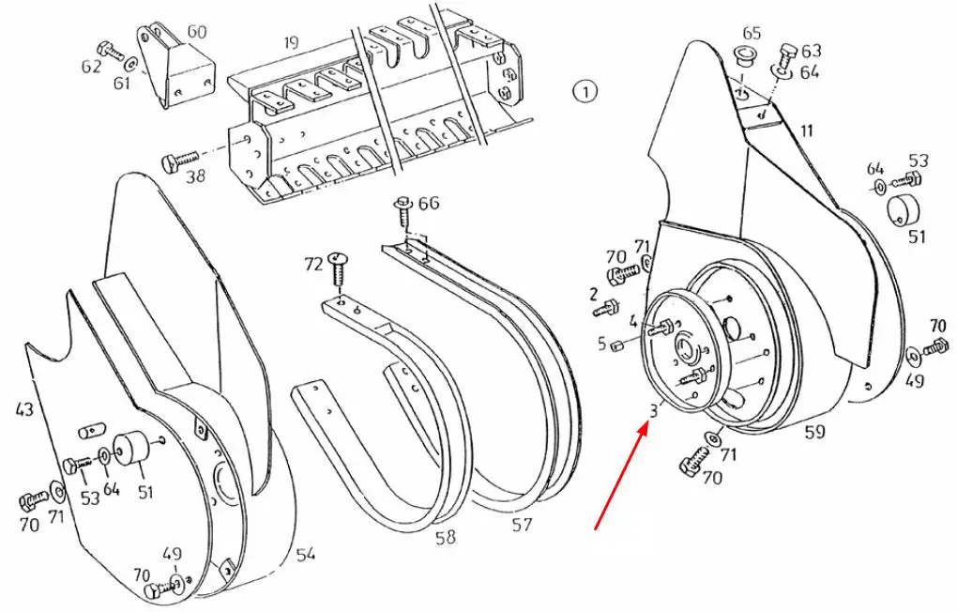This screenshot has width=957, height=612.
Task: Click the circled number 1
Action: [x=585, y=92]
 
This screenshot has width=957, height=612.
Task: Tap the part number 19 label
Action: [x=291, y=43]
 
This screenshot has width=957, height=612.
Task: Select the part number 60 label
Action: [x=196, y=31]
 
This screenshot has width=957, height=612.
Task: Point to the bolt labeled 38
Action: [x=181, y=160]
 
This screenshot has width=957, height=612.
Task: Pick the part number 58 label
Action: [x=446, y=537]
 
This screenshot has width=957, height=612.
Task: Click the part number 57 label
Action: [x=522, y=524]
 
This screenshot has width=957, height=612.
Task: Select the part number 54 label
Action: [x=306, y=554]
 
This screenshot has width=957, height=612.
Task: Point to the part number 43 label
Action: [x=24, y=408]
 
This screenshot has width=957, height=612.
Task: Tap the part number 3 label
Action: [x=654, y=410]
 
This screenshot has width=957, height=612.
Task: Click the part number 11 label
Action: [x=807, y=130]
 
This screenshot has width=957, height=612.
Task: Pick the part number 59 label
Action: [x=814, y=432]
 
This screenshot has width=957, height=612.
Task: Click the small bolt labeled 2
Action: [x=606, y=307]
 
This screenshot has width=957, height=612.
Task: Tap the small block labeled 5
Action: [x=616, y=346]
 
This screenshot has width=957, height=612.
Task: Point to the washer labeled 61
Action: [x=130, y=64]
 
